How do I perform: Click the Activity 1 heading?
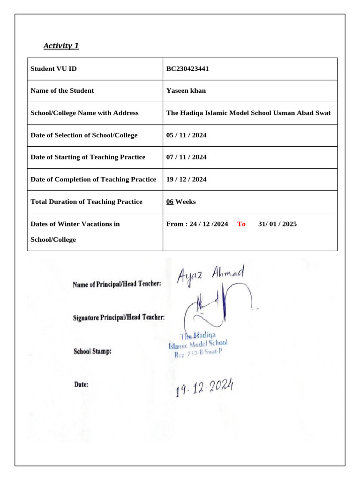point(61,45)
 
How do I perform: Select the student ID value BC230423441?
point(187,69)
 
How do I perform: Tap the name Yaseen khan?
point(186,91)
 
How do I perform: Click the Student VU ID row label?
point(53,69)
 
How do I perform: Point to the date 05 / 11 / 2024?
point(186,135)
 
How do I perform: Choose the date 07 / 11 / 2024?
point(186,157)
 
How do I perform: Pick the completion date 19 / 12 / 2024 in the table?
point(186,180)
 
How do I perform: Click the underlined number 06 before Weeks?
point(170,202)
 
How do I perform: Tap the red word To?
point(241,224)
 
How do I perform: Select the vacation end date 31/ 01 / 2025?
point(277,224)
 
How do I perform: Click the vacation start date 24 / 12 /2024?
point(209,224)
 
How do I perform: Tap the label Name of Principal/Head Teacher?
point(117,284)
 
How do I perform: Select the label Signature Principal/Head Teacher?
point(119,317)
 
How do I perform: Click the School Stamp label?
point(92,351)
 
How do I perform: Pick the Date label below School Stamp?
point(81,384)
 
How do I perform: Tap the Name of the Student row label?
point(62,91)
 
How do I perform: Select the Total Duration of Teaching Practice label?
point(86,202)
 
